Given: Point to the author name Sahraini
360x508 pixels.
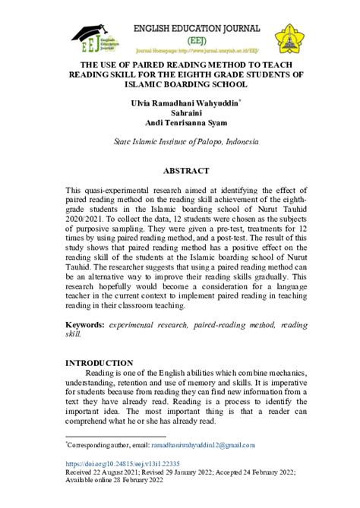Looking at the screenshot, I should pos(180,112).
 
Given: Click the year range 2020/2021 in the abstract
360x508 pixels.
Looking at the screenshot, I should pos(86,216).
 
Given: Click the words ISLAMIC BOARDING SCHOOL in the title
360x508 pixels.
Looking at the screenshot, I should pos(180,85).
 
